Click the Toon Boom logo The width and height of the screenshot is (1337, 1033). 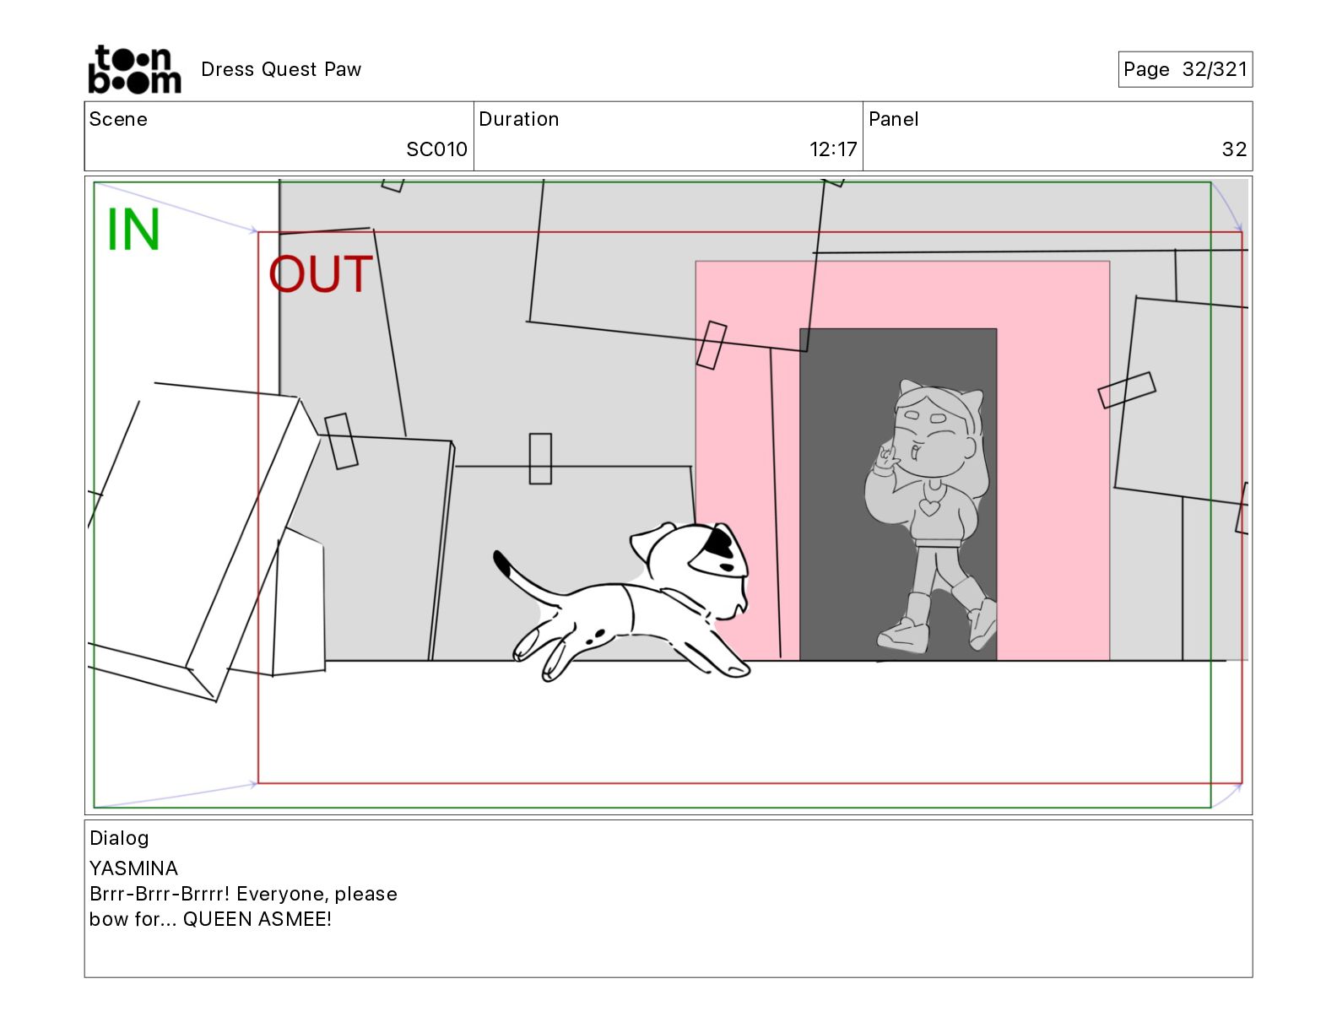pyautogui.click(x=135, y=69)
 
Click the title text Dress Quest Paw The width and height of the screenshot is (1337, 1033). pyautogui.click(x=281, y=69)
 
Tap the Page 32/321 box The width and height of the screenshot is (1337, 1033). pyautogui.click(x=1185, y=69)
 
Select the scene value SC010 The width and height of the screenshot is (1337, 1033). pyautogui.click(x=437, y=149)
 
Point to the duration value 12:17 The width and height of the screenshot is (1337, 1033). pyautogui.click(x=833, y=149)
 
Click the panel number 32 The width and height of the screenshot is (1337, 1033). pyautogui.click(x=1234, y=149)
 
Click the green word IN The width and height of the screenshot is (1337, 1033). pyautogui.click(x=133, y=229)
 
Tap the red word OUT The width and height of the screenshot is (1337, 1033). pyautogui.click(x=321, y=273)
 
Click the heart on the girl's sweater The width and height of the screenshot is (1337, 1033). pyautogui.click(x=929, y=507)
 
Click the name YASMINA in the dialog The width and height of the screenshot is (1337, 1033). pyautogui.click(x=133, y=868)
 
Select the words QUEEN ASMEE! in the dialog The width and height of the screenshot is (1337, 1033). pyautogui.click(x=257, y=919)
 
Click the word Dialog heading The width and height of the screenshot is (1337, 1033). pyautogui.click(x=119, y=838)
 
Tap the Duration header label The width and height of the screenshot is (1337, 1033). pyautogui.click(x=519, y=119)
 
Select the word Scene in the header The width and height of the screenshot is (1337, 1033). pyautogui.click(x=118, y=119)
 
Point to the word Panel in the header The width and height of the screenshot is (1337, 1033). pyautogui.click(x=893, y=119)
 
